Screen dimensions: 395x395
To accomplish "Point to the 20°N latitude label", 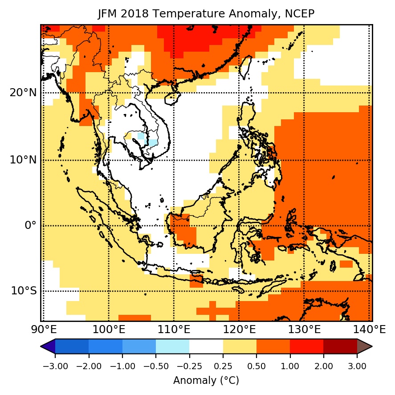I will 23,93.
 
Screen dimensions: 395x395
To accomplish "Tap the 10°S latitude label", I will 24,291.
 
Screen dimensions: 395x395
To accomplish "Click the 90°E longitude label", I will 43,330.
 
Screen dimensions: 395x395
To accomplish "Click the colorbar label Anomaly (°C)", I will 206,380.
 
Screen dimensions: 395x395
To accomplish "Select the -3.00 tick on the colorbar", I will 55,366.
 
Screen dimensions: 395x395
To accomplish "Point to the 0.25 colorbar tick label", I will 223,366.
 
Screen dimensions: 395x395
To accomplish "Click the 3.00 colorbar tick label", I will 357,366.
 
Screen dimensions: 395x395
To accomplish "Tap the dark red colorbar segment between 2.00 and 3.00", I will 340,346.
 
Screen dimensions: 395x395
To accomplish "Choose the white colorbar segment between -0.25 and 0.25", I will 206,346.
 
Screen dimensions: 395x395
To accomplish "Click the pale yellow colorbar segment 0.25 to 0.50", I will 240,346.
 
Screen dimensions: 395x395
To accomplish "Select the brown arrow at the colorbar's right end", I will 365,346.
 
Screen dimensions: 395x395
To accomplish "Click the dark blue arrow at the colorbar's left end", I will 48,346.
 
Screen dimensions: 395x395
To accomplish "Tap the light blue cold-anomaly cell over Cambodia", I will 152,143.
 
